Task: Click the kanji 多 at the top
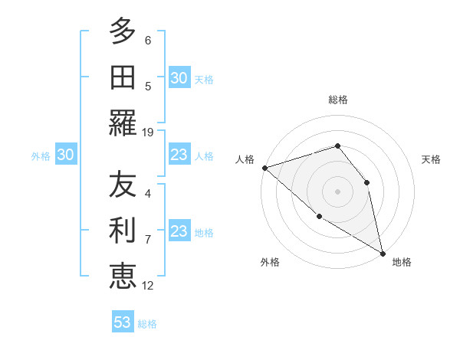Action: (123, 32)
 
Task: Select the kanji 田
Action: (123, 77)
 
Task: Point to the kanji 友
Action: (123, 186)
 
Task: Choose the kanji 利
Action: (123, 231)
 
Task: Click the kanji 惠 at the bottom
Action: (123, 277)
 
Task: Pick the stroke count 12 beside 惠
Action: (148, 286)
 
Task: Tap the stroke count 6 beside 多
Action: (148, 41)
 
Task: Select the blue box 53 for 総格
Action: (123, 322)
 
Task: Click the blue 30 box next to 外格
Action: (65, 155)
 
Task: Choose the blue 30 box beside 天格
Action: (179, 78)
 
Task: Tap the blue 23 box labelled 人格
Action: (179, 155)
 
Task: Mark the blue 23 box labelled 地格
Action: (179, 232)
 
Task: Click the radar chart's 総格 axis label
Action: (338, 100)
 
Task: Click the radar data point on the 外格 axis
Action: (319, 217)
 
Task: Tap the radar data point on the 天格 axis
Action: (366, 182)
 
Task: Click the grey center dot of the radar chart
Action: (337, 191)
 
